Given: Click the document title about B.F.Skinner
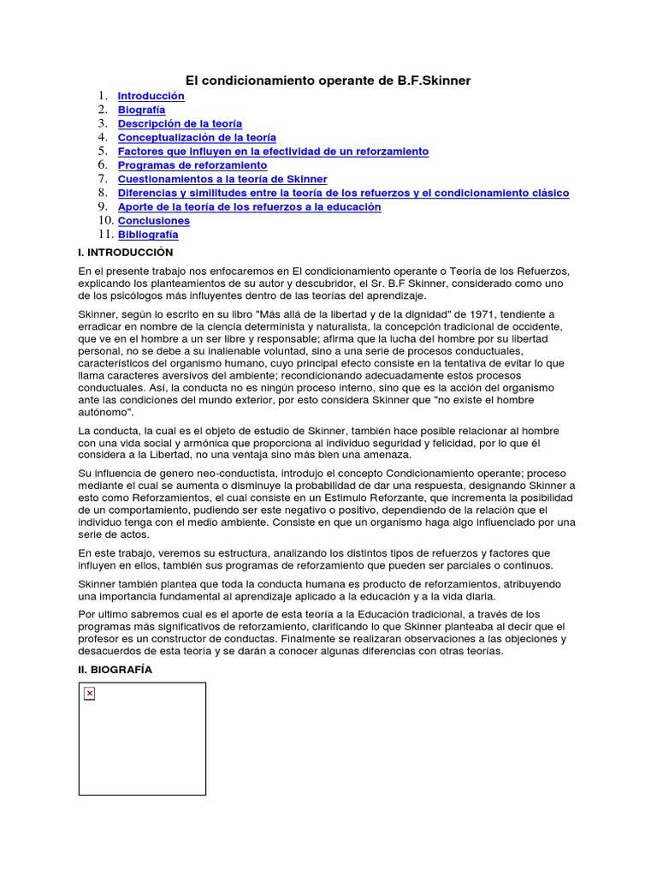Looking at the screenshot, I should click(328, 81).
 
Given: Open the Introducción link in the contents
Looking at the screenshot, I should click(151, 96).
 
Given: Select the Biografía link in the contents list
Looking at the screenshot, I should click(141, 110).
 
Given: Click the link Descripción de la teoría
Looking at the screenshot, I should click(180, 123).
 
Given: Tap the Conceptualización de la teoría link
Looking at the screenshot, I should click(197, 137).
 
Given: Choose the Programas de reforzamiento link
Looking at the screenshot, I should click(192, 165).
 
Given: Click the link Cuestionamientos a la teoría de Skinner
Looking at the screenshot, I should click(222, 179).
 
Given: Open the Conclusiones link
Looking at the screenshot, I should click(153, 221).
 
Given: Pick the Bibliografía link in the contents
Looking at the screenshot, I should click(148, 235).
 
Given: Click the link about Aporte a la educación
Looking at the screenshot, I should click(249, 206).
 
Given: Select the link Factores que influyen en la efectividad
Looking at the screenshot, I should click(273, 151).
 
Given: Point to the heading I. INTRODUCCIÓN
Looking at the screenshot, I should click(125, 253).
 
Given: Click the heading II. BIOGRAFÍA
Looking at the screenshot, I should click(115, 670).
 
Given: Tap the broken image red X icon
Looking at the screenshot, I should click(90, 694).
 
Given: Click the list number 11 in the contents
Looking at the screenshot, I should click(104, 234).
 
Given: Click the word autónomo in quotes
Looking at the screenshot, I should click(106, 412).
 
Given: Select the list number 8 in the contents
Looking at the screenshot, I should click(102, 193).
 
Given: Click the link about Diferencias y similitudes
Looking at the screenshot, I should click(343, 193).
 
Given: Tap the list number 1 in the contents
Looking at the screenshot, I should click(102, 96).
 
